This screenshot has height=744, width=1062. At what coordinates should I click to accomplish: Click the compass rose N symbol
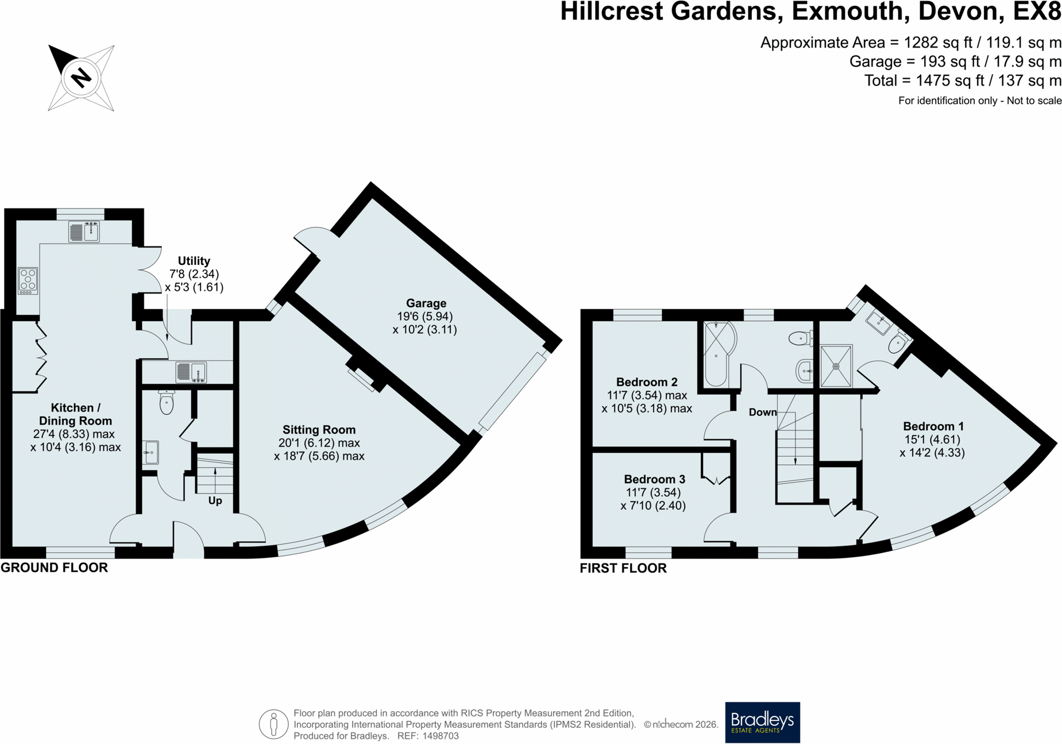(81, 78)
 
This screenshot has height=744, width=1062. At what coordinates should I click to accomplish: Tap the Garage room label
(426, 303)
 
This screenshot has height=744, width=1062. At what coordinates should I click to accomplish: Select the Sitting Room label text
(319, 430)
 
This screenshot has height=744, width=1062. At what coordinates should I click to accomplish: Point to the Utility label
(194, 261)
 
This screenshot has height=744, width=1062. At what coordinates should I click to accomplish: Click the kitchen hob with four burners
(28, 281)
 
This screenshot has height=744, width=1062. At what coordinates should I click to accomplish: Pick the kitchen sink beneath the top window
(84, 232)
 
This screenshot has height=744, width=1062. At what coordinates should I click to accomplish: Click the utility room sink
(191, 372)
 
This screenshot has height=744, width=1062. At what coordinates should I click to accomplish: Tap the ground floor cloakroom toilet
(166, 402)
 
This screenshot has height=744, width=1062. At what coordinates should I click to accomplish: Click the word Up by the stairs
(215, 500)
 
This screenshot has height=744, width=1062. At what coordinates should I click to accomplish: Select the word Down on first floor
(763, 412)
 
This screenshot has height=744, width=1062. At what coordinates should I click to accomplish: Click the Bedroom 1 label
(933, 426)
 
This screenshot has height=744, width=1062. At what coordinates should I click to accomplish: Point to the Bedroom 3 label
(654, 479)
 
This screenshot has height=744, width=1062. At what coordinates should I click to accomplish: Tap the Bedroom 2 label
(647, 382)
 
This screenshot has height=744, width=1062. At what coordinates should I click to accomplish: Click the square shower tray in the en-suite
(836, 366)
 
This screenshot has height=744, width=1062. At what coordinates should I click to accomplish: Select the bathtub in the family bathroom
(716, 354)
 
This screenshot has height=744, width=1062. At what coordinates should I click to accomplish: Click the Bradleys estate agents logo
(762, 722)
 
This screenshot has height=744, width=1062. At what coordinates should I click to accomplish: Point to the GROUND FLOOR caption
(54, 568)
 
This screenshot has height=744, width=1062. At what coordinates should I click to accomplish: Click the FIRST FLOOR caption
(623, 568)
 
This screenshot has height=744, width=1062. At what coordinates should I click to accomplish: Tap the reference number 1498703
(441, 736)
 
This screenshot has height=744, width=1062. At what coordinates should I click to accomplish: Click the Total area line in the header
(963, 80)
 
